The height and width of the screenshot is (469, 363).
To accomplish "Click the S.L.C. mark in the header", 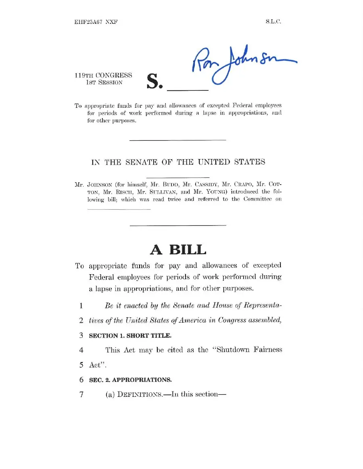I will point(273,22).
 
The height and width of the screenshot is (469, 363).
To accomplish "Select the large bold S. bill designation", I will point(154,81).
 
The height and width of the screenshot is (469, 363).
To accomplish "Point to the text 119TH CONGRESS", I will point(103,75).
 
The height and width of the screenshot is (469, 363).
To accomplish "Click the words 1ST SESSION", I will point(103,82).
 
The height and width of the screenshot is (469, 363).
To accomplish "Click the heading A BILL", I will point(178,250).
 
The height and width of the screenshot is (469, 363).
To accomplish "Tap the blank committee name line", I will point(119,208).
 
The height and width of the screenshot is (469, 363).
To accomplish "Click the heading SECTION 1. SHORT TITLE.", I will point(124,336).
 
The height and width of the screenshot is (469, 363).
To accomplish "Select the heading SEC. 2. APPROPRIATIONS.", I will point(130,380).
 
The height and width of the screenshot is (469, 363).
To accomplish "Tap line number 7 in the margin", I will point(81,394).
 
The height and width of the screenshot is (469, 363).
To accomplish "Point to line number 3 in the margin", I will point(81,335).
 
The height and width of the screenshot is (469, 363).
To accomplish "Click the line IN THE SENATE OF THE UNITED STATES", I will point(178,162).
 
